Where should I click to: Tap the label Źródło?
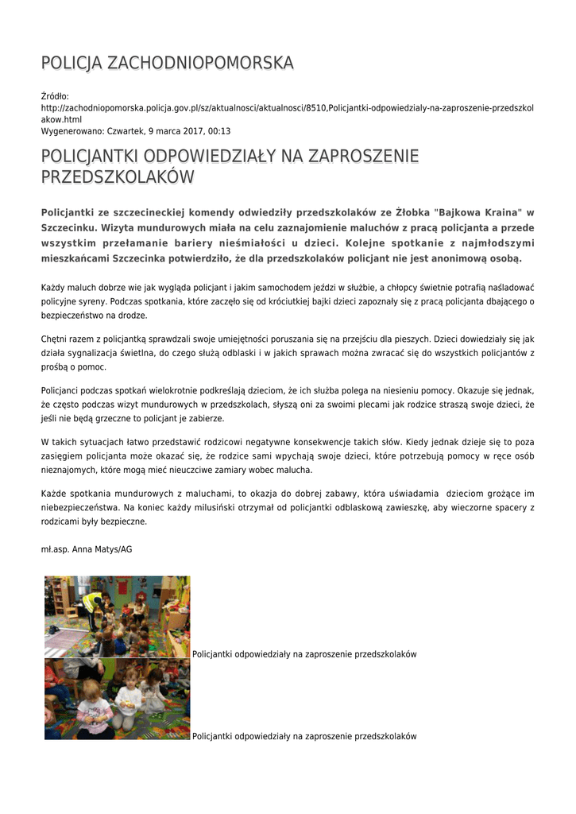click(x=56, y=96)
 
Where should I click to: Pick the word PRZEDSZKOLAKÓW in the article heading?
click(x=118, y=177)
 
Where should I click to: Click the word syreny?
click(x=93, y=301)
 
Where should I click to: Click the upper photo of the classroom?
click(x=118, y=616)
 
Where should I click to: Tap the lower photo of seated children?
click(x=118, y=699)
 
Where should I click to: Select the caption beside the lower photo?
click(x=304, y=737)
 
